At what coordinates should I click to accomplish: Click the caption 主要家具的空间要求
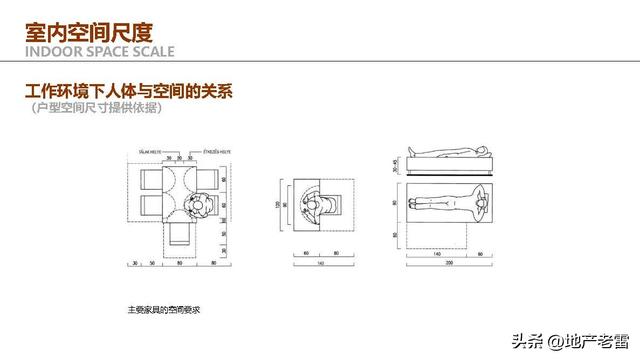point(165,310)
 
